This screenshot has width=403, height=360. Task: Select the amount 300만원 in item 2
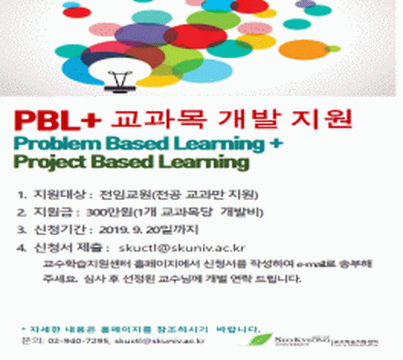point(103,212)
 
